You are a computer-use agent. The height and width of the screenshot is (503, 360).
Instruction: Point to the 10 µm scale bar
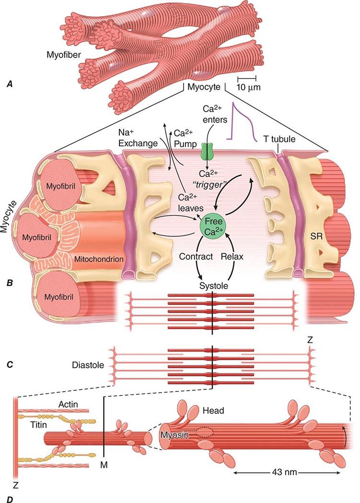click(246, 78)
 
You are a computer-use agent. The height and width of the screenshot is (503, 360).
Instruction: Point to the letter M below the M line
click(104, 464)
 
